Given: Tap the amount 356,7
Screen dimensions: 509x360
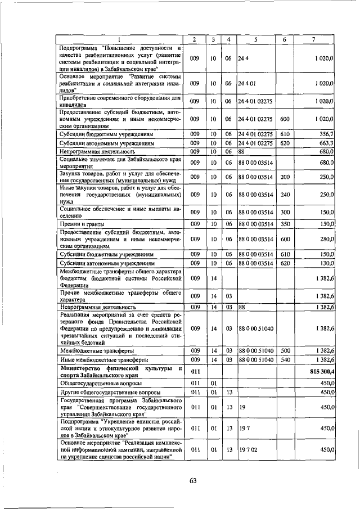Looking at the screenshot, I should click(327, 136).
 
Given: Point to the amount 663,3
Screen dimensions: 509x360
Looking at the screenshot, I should click(327, 143).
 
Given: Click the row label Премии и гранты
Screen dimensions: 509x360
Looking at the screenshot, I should click(80, 224).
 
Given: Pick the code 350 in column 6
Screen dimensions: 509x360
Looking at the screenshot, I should click(285, 224).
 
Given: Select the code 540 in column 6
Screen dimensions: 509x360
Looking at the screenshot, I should click(285, 359).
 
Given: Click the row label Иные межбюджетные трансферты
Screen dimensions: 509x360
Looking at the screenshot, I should click(104, 359).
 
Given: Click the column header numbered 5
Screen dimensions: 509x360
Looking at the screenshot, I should click(255, 39).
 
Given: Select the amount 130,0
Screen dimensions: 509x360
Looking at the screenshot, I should click(327, 263).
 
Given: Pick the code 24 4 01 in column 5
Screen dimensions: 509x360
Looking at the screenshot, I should click(247, 83).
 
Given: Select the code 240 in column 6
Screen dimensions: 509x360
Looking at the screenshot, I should click(285, 194).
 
